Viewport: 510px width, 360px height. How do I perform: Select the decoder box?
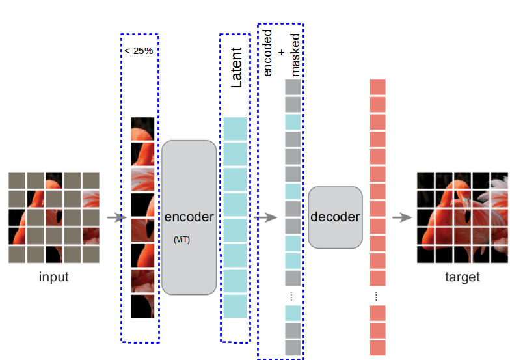point(335,217)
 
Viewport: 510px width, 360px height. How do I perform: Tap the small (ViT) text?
point(181,240)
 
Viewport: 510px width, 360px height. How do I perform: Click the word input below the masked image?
point(53,277)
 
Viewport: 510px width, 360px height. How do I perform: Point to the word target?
point(462,277)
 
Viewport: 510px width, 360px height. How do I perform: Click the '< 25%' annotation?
point(138,51)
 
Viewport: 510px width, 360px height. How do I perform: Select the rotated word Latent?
point(237,67)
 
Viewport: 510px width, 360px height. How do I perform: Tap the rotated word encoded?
point(267,53)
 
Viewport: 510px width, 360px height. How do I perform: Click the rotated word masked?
point(295,55)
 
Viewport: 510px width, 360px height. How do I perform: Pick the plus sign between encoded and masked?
point(281,51)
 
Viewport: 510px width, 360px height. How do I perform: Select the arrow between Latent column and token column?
point(265,217)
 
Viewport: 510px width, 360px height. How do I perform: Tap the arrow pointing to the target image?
point(402,217)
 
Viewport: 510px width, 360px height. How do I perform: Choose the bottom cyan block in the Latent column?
point(235,307)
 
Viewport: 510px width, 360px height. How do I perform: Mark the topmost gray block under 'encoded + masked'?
point(293,87)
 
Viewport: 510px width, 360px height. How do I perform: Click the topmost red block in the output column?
point(378,87)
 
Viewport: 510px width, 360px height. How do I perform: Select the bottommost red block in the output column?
point(378,348)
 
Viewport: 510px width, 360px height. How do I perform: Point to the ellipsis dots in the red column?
point(378,296)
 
